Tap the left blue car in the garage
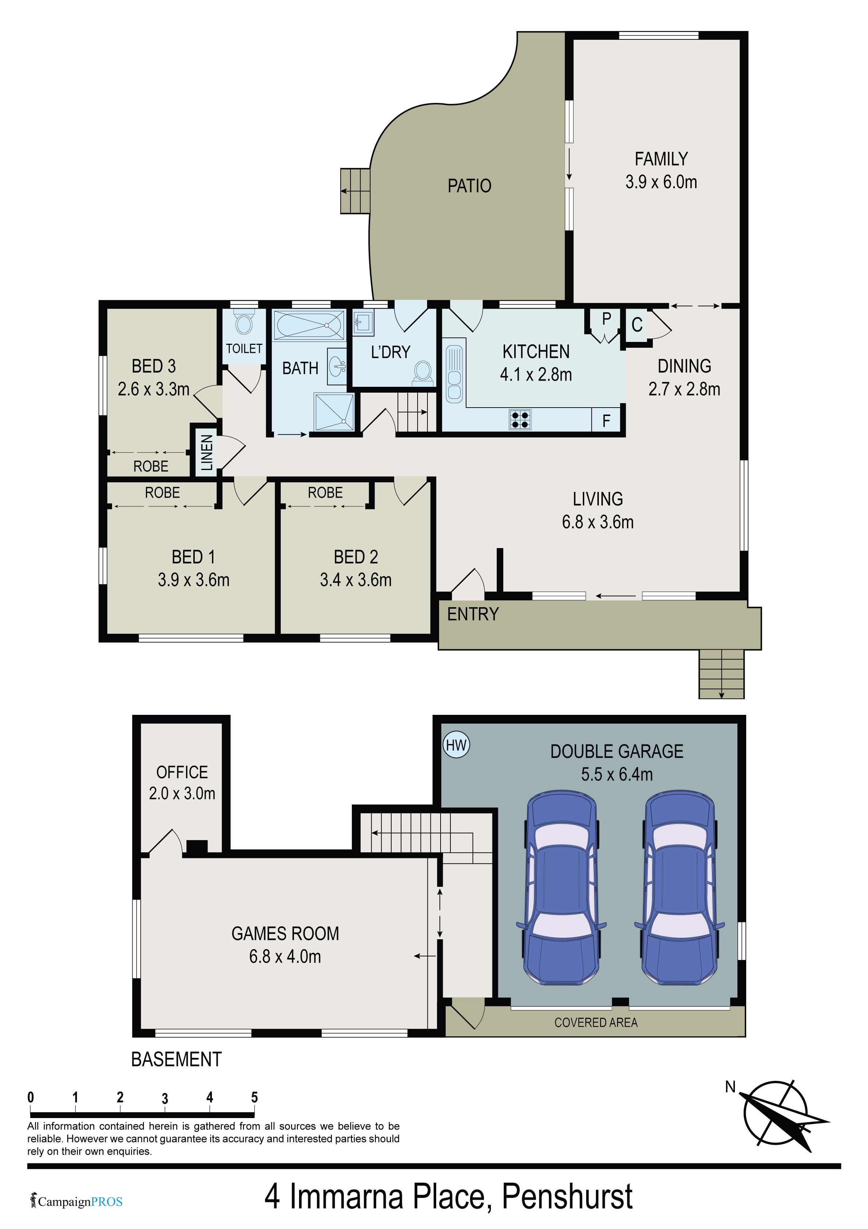[x=561, y=889]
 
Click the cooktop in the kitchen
[x=520, y=419]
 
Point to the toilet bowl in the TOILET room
[x=244, y=323]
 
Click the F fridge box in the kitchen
[x=606, y=421]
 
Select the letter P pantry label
[x=606, y=319]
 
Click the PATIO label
[x=469, y=186]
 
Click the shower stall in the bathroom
[x=334, y=412]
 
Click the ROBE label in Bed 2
[x=325, y=493]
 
